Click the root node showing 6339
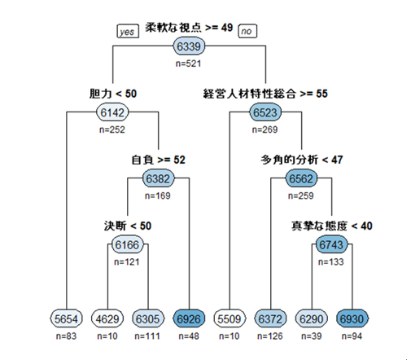(x=189, y=46)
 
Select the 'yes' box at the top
(x=128, y=31)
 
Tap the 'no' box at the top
(x=247, y=31)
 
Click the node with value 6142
(x=112, y=112)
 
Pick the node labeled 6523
(x=265, y=112)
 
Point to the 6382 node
(x=158, y=178)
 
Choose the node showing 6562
(x=301, y=178)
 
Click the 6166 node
(x=127, y=245)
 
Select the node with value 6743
(x=331, y=245)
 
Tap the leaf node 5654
(x=67, y=318)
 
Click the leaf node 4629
(x=107, y=318)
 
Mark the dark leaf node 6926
(x=189, y=318)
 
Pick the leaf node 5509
(x=230, y=318)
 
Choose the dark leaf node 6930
(x=352, y=318)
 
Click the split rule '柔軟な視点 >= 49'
(x=189, y=28)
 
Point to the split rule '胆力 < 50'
(x=113, y=94)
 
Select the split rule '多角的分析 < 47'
(x=302, y=160)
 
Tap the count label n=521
(x=189, y=64)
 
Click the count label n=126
(x=270, y=336)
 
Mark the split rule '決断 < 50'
(x=128, y=226)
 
